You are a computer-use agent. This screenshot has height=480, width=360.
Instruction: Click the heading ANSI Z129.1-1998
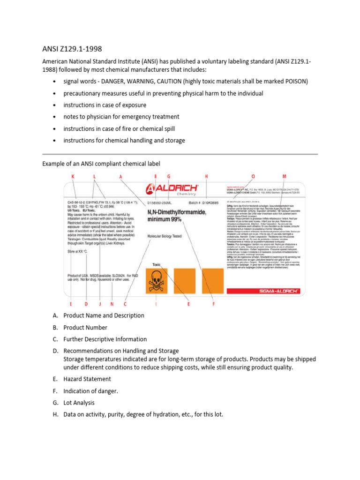tap(72, 49)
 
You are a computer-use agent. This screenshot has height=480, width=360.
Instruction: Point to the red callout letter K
tap(73, 176)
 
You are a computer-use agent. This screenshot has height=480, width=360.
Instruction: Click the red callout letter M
tap(297, 176)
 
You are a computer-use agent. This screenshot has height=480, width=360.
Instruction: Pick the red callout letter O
tap(253, 176)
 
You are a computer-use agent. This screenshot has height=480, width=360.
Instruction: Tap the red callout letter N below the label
tap(112, 304)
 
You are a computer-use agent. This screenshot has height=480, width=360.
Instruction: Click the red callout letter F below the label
tap(213, 304)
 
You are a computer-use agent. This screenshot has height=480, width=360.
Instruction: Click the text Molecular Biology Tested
tap(164, 236)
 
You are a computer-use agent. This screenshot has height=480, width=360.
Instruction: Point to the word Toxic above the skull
tap(156, 265)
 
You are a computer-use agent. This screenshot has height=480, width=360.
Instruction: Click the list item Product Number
tap(85, 327)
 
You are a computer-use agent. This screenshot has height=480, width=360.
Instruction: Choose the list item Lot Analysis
tap(79, 402)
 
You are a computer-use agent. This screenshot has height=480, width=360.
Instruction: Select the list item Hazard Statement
tap(87, 379)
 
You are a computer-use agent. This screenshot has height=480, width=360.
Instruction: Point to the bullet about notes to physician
tap(121, 117)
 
